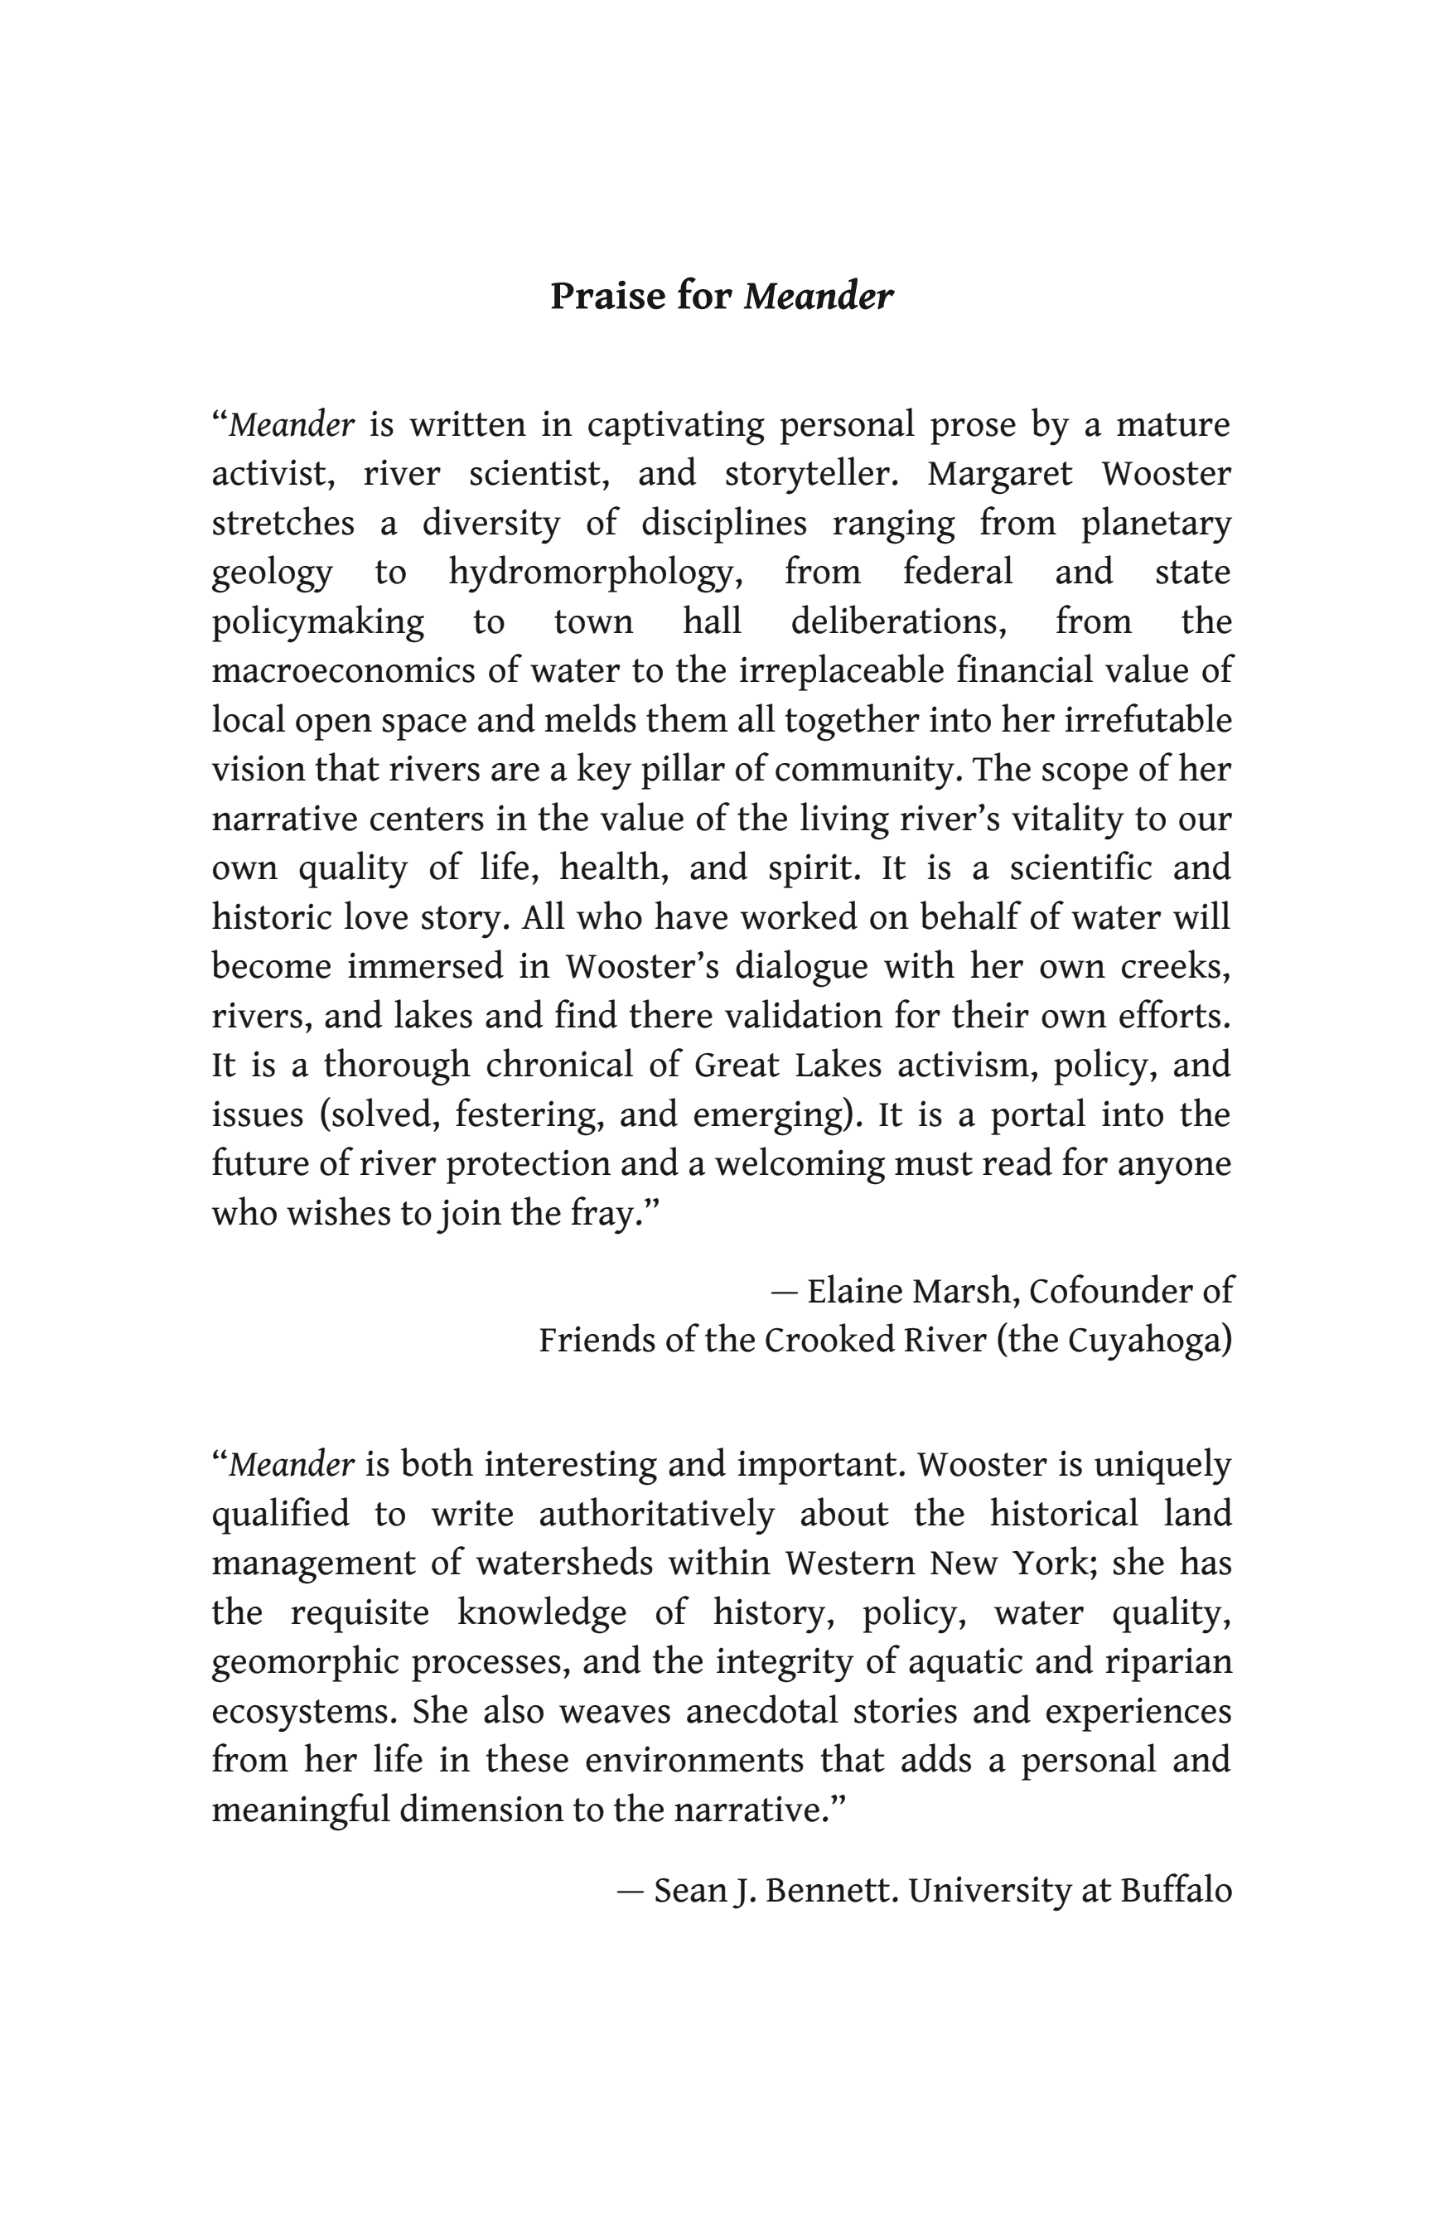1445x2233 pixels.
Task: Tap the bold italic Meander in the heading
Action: (819, 297)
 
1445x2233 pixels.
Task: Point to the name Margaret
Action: (999, 474)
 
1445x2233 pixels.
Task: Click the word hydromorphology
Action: (595, 573)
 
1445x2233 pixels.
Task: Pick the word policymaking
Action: (317, 622)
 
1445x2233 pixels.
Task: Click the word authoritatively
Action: (656, 1513)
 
